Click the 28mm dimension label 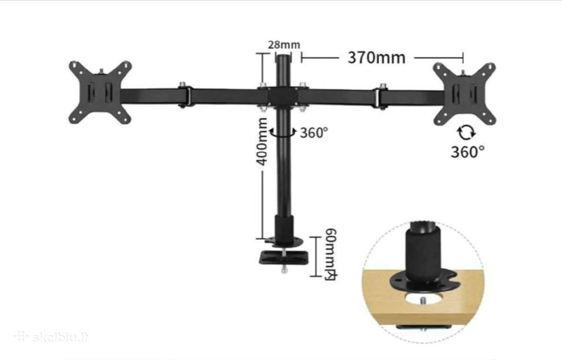tap(284, 45)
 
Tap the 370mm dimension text tap(377, 58)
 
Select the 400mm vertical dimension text tap(262, 142)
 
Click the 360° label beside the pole tap(314, 133)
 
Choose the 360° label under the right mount tap(468, 152)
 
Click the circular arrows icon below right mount tap(466, 133)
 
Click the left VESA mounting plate tap(100, 92)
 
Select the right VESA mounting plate tap(465, 94)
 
